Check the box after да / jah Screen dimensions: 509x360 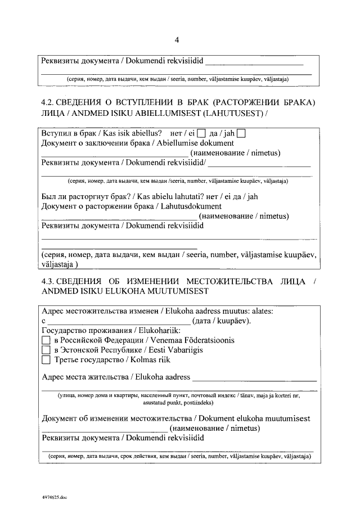[241, 134]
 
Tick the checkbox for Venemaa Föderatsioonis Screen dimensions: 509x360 [46, 341]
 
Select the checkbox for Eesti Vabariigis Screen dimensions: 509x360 [46, 350]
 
